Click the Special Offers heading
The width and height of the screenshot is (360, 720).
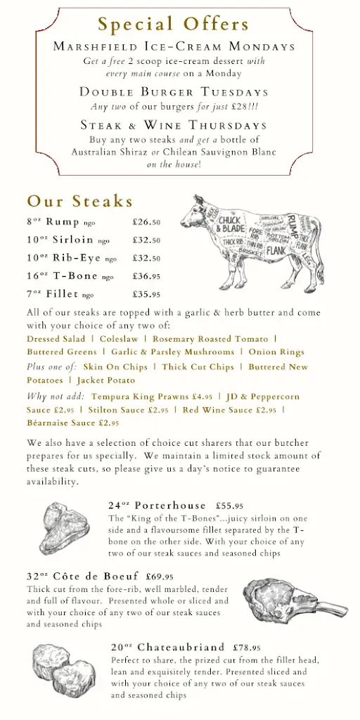pyautogui.click(x=174, y=25)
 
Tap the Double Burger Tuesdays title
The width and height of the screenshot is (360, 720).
pyautogui.click(x=174, y=92)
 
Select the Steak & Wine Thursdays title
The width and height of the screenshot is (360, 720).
pyautogui.click(x=174, y=125)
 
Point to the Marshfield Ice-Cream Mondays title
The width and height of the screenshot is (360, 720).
pyautogui.click(x=174, y=47)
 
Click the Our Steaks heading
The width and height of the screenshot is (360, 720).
pyautogui.click(x=80, y=202)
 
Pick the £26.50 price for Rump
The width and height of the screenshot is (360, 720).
pyautogui.click(x=146, y=222)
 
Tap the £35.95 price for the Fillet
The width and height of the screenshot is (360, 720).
pyautogui.click(x=146, y=295)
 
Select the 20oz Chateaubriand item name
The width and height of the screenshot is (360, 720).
pyautogui.click(x=167, y=647)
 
